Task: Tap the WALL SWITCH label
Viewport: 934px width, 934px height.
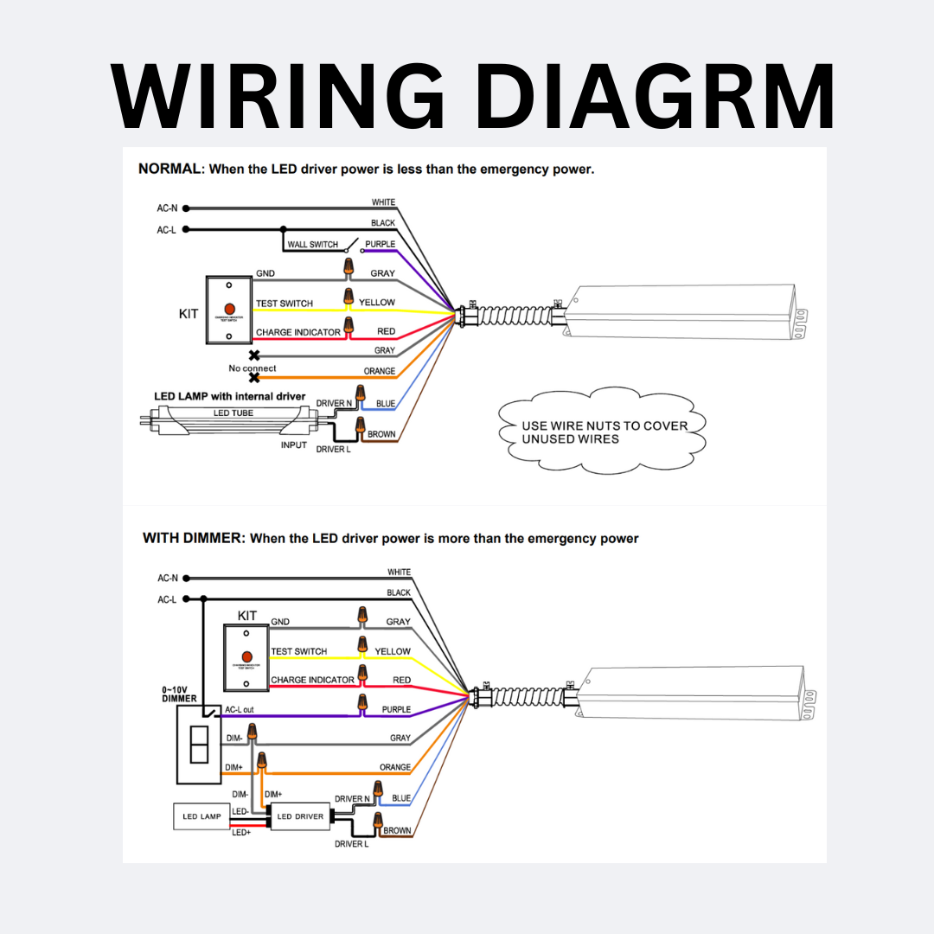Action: click(x=312, y=245)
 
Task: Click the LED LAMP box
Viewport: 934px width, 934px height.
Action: click(x=202, y=816)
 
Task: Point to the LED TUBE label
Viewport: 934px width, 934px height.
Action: click(x=233, y=413)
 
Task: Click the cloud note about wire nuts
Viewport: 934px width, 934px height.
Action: click(x=604, y=432)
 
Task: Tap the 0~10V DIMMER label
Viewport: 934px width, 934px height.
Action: click(x=179, y=694)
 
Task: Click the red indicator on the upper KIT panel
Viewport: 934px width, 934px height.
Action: click(x=229, y=309)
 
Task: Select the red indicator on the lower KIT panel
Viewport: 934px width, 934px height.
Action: click(x=246, y=657)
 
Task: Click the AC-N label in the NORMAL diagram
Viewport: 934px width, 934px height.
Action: click(x=167, y=208)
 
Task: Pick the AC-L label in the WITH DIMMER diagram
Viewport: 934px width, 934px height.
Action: click(x=167, y=599)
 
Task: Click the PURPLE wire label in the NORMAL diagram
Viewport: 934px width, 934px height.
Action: click(x=380, y=245)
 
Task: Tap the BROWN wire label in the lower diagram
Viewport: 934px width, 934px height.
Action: click(x=397, y=831)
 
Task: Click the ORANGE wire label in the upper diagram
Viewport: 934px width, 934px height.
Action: click(x=379, y=372)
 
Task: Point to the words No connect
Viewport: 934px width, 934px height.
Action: click(x=253, y=368)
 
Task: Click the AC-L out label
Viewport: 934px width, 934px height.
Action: click(x=240, y=710)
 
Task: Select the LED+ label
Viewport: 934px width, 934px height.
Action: click(x=240, y=833)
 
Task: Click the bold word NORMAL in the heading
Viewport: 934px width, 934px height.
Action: click(x=170, y=169)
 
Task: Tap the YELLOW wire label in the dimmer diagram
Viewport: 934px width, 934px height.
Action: click(x=393, y=651)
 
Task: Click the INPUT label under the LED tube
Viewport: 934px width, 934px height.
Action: click(x=294, y=445)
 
